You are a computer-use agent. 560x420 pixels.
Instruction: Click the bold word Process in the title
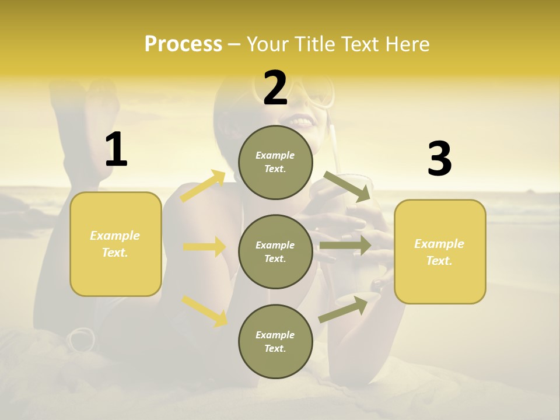[x=183, y=44]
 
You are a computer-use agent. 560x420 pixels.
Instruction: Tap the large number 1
[x=116, y=150]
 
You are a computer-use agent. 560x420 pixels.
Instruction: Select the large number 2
[x=275, y=89]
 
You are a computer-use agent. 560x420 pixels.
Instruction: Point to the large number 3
[x=439, y=159]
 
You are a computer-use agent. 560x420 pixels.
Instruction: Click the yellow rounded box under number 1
[x=116, y=244]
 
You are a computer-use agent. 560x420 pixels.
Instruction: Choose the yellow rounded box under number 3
[x=440, y=251]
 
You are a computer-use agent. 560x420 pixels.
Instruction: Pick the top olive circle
[x=275, y=162]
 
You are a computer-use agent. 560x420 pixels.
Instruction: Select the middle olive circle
[x=275, y=251]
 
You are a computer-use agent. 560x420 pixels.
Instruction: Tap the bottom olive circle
[x=275, y=341]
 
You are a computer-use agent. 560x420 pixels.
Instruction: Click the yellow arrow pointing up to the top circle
[x=203, y=187]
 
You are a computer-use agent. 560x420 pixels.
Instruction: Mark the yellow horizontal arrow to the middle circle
[x=204, y=247]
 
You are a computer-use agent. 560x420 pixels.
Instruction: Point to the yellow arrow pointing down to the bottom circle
[x=204, y=310]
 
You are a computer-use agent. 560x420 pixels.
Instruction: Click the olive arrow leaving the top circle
[x=347, y=187]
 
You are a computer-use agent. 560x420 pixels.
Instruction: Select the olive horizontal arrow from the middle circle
[x=345, y=246]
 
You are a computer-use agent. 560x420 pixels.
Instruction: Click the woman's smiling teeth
[x=302, y=122]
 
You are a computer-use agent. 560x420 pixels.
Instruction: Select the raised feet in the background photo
[x=87, y=99]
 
